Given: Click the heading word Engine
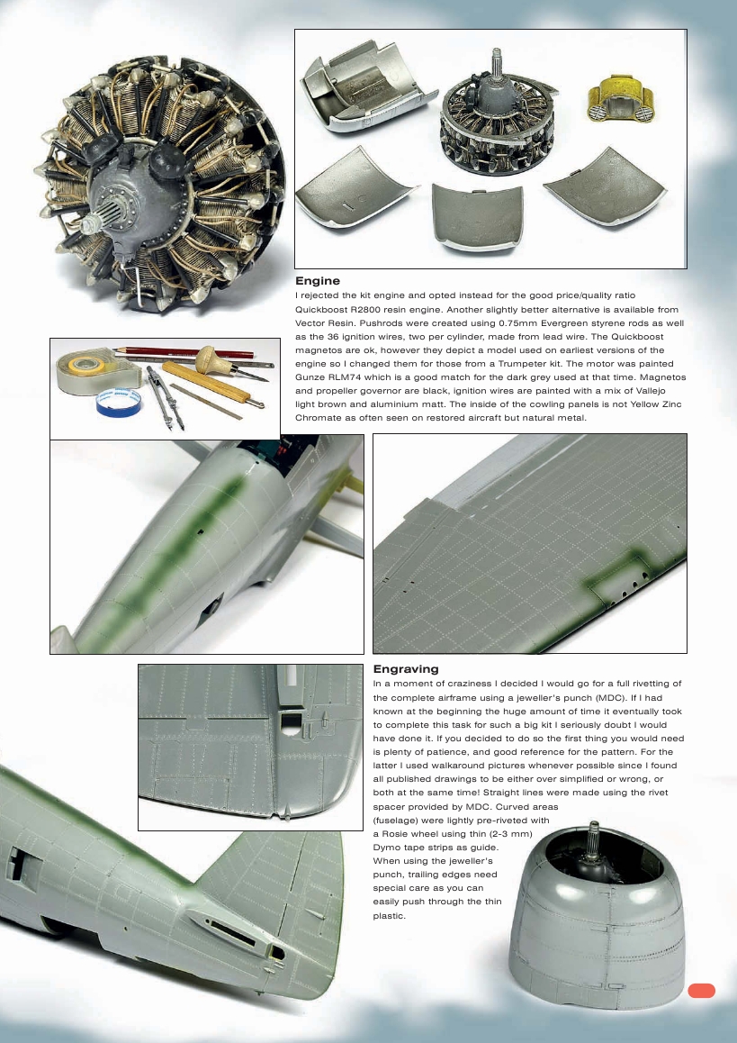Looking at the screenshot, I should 318,281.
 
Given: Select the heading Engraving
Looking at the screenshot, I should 406,669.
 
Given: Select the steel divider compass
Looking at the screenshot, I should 158,397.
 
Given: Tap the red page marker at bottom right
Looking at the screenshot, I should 701,991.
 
